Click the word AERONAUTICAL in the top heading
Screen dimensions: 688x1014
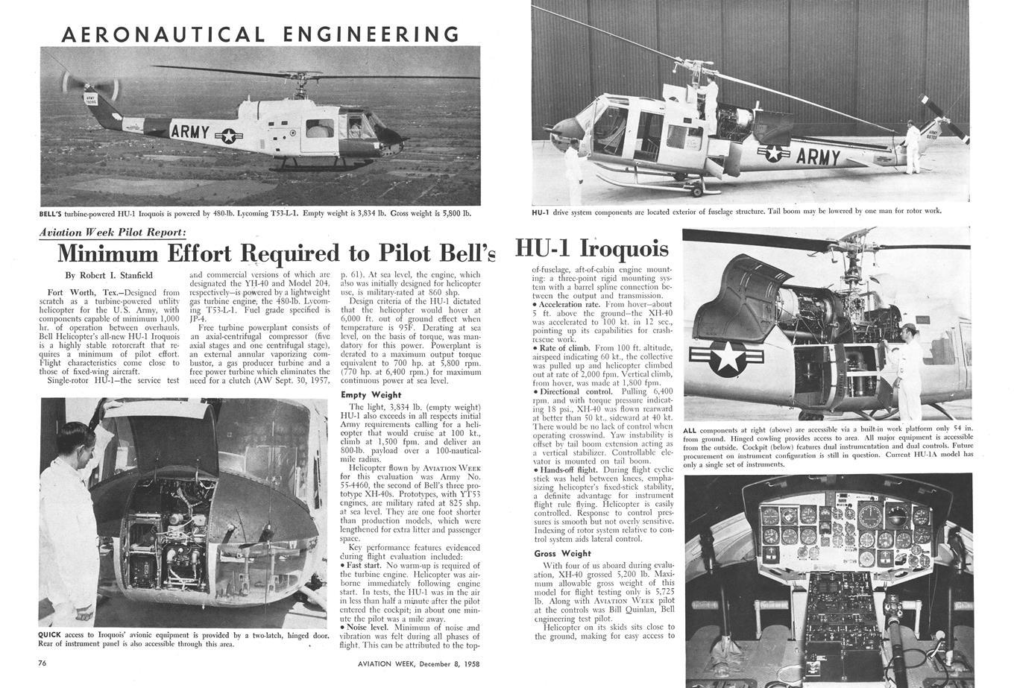pos(162,34)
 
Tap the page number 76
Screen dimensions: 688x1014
pos(43,663)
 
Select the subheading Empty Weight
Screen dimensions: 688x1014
pos(371,394)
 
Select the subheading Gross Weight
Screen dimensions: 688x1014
pos(562,554)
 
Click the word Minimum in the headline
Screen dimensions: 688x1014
pos(107,253)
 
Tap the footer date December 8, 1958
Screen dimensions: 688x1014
pos(437,663)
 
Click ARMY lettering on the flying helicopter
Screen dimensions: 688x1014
pos(190,132)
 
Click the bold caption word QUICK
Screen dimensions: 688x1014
pos(51,635)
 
